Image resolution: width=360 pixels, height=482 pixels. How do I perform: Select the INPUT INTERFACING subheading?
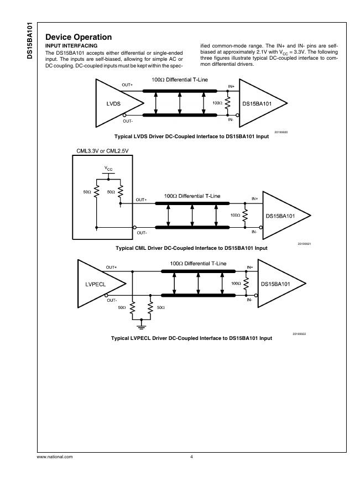(x=71, y=45)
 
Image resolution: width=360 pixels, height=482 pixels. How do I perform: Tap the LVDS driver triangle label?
(x=113, y=103)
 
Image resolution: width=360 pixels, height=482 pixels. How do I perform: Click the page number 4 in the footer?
(x=191, y=457)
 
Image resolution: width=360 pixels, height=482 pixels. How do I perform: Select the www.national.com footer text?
(x=55, y=457)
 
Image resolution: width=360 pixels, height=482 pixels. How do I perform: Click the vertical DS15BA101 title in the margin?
(x=31, y=41)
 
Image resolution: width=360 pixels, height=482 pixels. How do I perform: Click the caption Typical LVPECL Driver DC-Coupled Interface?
(x=191, y=338)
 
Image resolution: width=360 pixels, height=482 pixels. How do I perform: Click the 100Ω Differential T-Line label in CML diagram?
(x=192, y=196)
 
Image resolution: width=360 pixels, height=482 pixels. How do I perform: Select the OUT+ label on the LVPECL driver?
(x=111, y=267)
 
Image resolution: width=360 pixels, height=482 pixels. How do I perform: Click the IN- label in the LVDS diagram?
(x=231, y=118)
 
